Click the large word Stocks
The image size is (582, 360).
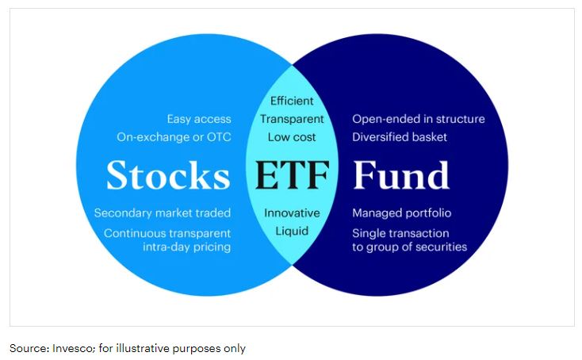[x=167, y=175]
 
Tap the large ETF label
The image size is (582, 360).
[x=292, y=175]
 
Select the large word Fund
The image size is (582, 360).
[x=401, y=175]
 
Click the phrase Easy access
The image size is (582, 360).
[x=198, y=119]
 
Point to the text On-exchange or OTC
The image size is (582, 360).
[x=174, y=136]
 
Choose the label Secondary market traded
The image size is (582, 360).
[x=163, y=213]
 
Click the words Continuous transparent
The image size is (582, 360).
[x=167, y=233]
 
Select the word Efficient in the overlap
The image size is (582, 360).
[x=292, y=101]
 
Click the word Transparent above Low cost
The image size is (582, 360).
[x=292, y=119]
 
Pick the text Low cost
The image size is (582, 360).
[x=292, y=136]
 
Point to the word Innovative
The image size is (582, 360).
[x=292, y=213]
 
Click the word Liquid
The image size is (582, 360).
[x=292, y=231]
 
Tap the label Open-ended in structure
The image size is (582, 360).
[x=418, y=119]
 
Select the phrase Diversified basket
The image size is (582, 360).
[x=400, y=136]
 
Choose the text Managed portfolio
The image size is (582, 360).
[x=400, y=213]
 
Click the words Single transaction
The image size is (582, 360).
[x=400, y=233]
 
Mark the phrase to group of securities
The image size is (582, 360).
[x=409, y=247]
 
